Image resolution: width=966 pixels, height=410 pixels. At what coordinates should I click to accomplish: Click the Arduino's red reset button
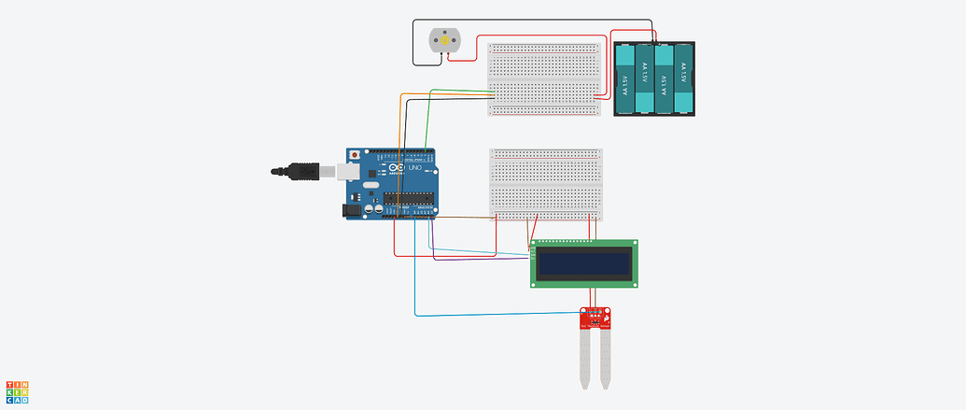[x=354, y=154]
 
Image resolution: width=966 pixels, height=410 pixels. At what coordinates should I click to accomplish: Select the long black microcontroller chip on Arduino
[x=408, y=196]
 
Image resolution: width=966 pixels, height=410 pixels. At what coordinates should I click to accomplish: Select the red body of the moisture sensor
[x=595, y=319]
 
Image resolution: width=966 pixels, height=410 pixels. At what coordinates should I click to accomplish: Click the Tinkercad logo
[x=17, y=392]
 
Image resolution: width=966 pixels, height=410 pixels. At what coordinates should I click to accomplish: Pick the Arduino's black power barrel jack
[x=352, y=211]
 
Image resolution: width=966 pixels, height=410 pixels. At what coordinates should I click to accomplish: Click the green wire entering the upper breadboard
[x=457, y=89]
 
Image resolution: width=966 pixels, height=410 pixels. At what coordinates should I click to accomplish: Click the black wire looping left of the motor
[x=413, y=42]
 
